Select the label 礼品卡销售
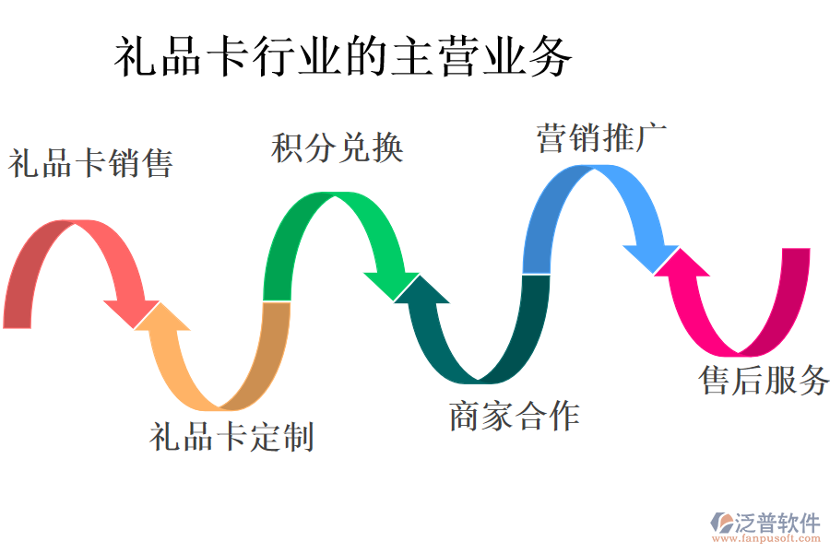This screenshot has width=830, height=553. [x=91, y=164]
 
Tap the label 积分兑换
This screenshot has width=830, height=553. [x=338, y=148]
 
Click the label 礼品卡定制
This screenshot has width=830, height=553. [x=231, y=436]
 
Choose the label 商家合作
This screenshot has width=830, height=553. [x=514, y=416]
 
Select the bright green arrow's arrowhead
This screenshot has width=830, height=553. [x=395, y=285]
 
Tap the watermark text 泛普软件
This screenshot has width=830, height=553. [x=777, y=523]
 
